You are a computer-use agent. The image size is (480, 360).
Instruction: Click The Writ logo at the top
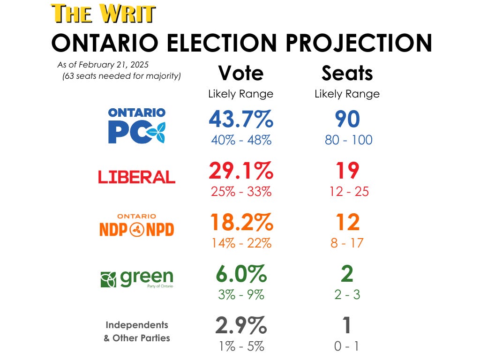pyautogui.click(x=103, y=14)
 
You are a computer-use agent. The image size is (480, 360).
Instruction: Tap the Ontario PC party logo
pyautogui.click(x=136, y=126)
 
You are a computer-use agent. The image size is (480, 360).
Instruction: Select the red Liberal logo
pyautogui.click(x=136, y=177)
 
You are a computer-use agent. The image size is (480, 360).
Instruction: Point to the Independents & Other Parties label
pyautogui.click(x=136, y=331)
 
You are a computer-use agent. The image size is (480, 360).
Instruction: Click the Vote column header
pyautogui.click(x=240, y=74)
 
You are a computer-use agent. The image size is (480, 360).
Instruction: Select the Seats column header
pyautogui.click(x=347, y=74)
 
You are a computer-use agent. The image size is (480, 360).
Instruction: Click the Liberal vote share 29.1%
pyautogui.click(x=240, y=171)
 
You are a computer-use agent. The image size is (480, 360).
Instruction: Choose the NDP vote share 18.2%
pyautogui.click(x=240, y=222)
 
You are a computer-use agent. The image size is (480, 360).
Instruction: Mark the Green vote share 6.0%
pyautogui.click(x=240, y=274)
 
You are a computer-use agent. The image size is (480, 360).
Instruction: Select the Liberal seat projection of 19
pyautogui.click(x=347, y=171)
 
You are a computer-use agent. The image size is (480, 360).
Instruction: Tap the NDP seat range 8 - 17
pyautogui.click(x=347, y=243)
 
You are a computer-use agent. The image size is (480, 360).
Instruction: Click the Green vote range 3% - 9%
pyautogui.click(x=240, y=295)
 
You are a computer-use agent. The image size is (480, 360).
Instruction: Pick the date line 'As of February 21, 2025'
pyautogui.click(x=105, y=65)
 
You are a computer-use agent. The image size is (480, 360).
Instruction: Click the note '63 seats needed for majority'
pyautogui.click(x=121, y=76)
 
